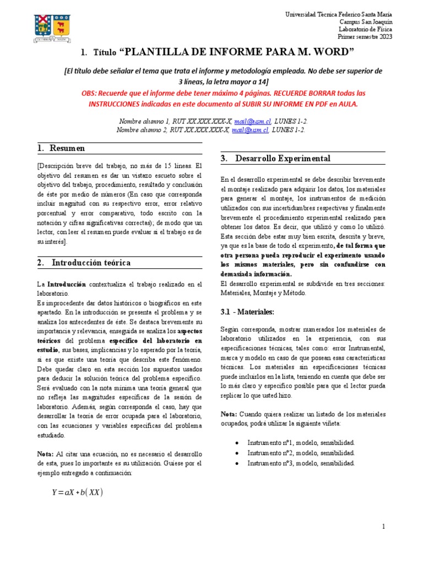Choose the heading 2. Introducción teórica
point(84,263)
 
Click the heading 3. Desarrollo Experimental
point(275,159)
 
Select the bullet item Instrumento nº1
point(301,442)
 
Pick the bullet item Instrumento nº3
point(301,463)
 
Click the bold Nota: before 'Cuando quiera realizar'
point(229,414)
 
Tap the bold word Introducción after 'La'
point(66,284)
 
